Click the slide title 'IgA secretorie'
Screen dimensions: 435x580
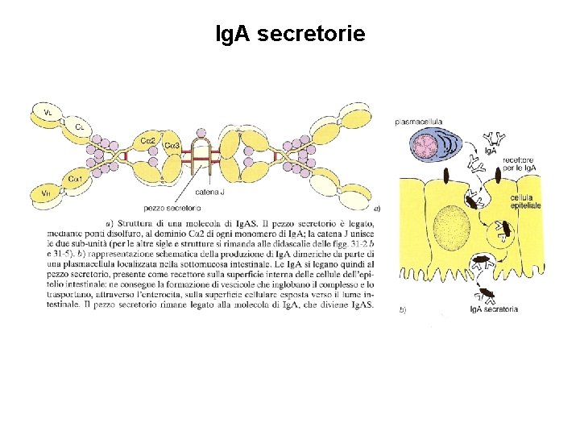pos(290,34)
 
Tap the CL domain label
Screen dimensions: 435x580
pos(79,126)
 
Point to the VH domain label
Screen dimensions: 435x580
pos(46,193)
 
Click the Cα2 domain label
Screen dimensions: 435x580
pos(148,140)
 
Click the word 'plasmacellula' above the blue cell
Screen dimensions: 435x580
pos(418,122)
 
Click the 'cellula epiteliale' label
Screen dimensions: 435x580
pos(525,202)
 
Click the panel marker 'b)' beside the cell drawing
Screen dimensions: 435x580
pos(403,309)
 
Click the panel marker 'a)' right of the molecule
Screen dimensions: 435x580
pos(377,207)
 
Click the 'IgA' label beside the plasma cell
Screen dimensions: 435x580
pos(490,151)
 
